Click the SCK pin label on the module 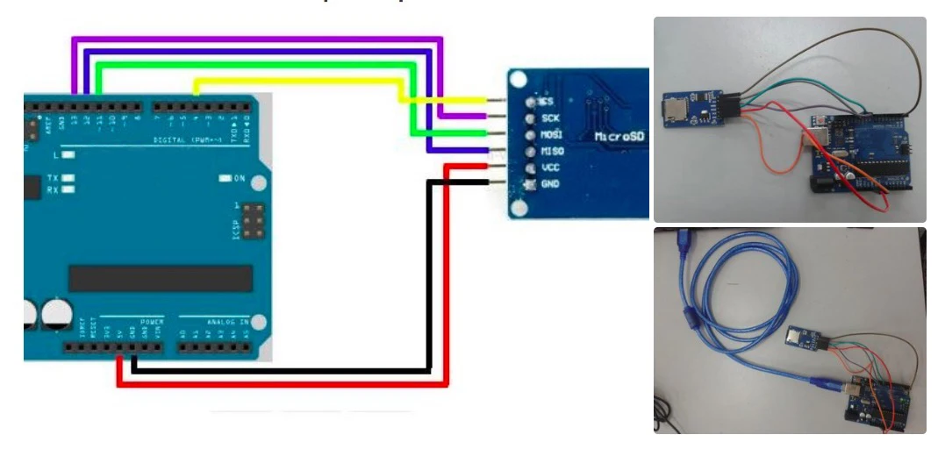click(x=551, y=118)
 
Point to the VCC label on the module click(x=551, y=167)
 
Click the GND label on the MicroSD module click(x=551, y=184)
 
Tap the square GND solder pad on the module click(x=529, y=184)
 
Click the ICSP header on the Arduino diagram click(x=253, y=221)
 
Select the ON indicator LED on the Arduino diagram click(x=226, y=178)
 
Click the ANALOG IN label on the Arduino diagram click(x=227, y=322)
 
